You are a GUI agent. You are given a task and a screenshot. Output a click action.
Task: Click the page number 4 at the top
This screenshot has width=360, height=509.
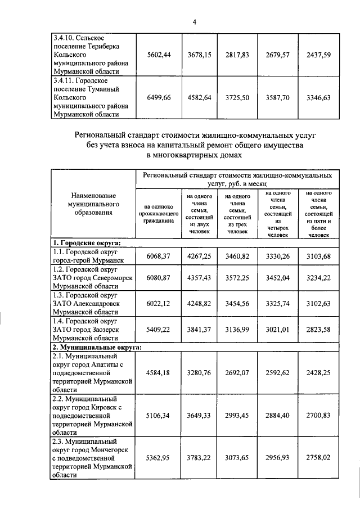click(194, 22)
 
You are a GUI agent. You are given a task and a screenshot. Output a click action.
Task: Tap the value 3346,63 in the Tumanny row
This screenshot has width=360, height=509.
click(318, 97)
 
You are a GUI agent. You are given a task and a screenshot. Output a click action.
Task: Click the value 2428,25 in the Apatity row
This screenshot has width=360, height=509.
click(318, 371)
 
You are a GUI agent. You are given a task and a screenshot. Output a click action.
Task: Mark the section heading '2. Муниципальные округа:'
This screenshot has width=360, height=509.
click(96, 346)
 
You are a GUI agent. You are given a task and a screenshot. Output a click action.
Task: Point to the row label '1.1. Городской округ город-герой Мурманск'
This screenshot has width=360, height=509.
click(92, 256)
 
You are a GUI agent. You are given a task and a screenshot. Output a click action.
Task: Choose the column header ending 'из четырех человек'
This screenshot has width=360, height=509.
click(277, 213)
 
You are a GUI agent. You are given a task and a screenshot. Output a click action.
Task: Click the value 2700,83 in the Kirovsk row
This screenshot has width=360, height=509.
click(318, 418)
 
